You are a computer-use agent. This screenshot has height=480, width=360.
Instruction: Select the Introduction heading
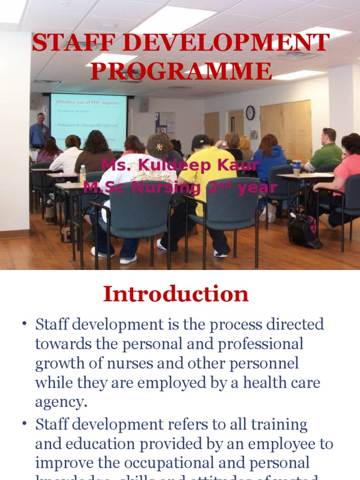tap(176, 294)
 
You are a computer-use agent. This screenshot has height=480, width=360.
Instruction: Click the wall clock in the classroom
tap(250, 112)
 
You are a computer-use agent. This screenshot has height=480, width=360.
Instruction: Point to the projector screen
tap(89, 122)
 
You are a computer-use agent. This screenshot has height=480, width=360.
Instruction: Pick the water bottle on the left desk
tap(82, 174)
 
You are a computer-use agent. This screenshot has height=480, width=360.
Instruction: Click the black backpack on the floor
tap(304, 231)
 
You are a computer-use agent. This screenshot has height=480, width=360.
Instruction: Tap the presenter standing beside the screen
tap(39, 132)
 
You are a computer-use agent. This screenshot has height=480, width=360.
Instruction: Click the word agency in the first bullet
tap(61, 402)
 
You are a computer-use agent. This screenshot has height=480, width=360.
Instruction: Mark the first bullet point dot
tap(24, 325)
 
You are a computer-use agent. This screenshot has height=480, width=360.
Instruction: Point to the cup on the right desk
tap(297, 167)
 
